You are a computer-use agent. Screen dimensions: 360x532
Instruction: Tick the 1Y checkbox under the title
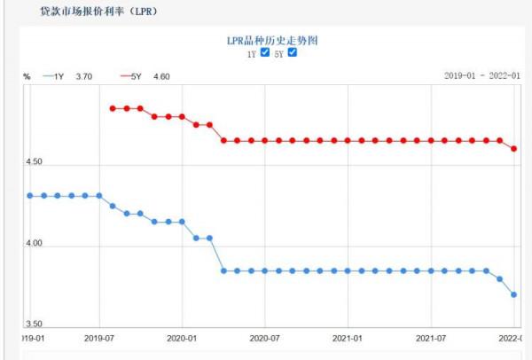pyautogui.click(x=264, y=53)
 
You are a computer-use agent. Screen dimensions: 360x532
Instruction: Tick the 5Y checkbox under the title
pyautogui.click(x=293, y=53)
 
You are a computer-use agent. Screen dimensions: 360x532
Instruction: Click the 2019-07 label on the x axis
pyautogui.click(x=99, y=339)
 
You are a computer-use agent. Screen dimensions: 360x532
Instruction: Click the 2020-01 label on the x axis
pyautogui.click(x=182, y=339)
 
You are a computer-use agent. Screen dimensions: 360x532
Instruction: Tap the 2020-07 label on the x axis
pyautogui.click(x=265, y=339)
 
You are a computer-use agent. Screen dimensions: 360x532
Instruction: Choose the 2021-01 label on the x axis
pyautogui.click(x=348, y=339)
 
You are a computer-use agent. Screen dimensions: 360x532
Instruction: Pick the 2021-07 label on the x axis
pyautogui.click(x=431, y=339)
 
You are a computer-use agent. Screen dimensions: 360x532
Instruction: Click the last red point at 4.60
pyautogui.click(x=514, y=149)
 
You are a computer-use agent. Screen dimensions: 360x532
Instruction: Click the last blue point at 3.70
pyautogui.click(x=514, y=294)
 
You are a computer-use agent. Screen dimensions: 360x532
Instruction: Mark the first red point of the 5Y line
pyautogui.click(x=113, y=108)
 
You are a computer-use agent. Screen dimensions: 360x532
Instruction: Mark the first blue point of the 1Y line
pyautogui.click(x=30, y=195)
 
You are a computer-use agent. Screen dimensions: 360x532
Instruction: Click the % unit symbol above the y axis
pyautogui.click(x=27, y=76)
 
